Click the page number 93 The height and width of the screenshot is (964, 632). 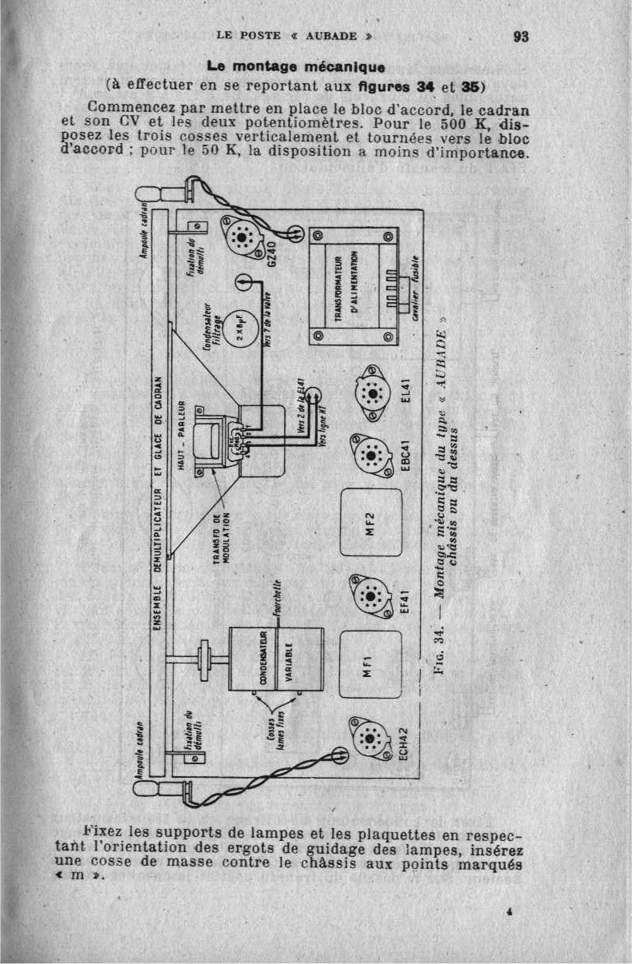(521, 36)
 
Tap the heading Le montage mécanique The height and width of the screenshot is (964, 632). (297, 66)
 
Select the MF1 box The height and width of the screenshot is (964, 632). (370, 662)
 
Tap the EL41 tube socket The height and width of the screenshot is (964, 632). (369, 391)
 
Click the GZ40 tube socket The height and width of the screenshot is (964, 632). (241, 236)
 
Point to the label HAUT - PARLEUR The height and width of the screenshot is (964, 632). (181, 435)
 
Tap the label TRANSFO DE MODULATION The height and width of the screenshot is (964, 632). (221, 536)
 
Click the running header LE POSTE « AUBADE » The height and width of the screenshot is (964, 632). (295, 36)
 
